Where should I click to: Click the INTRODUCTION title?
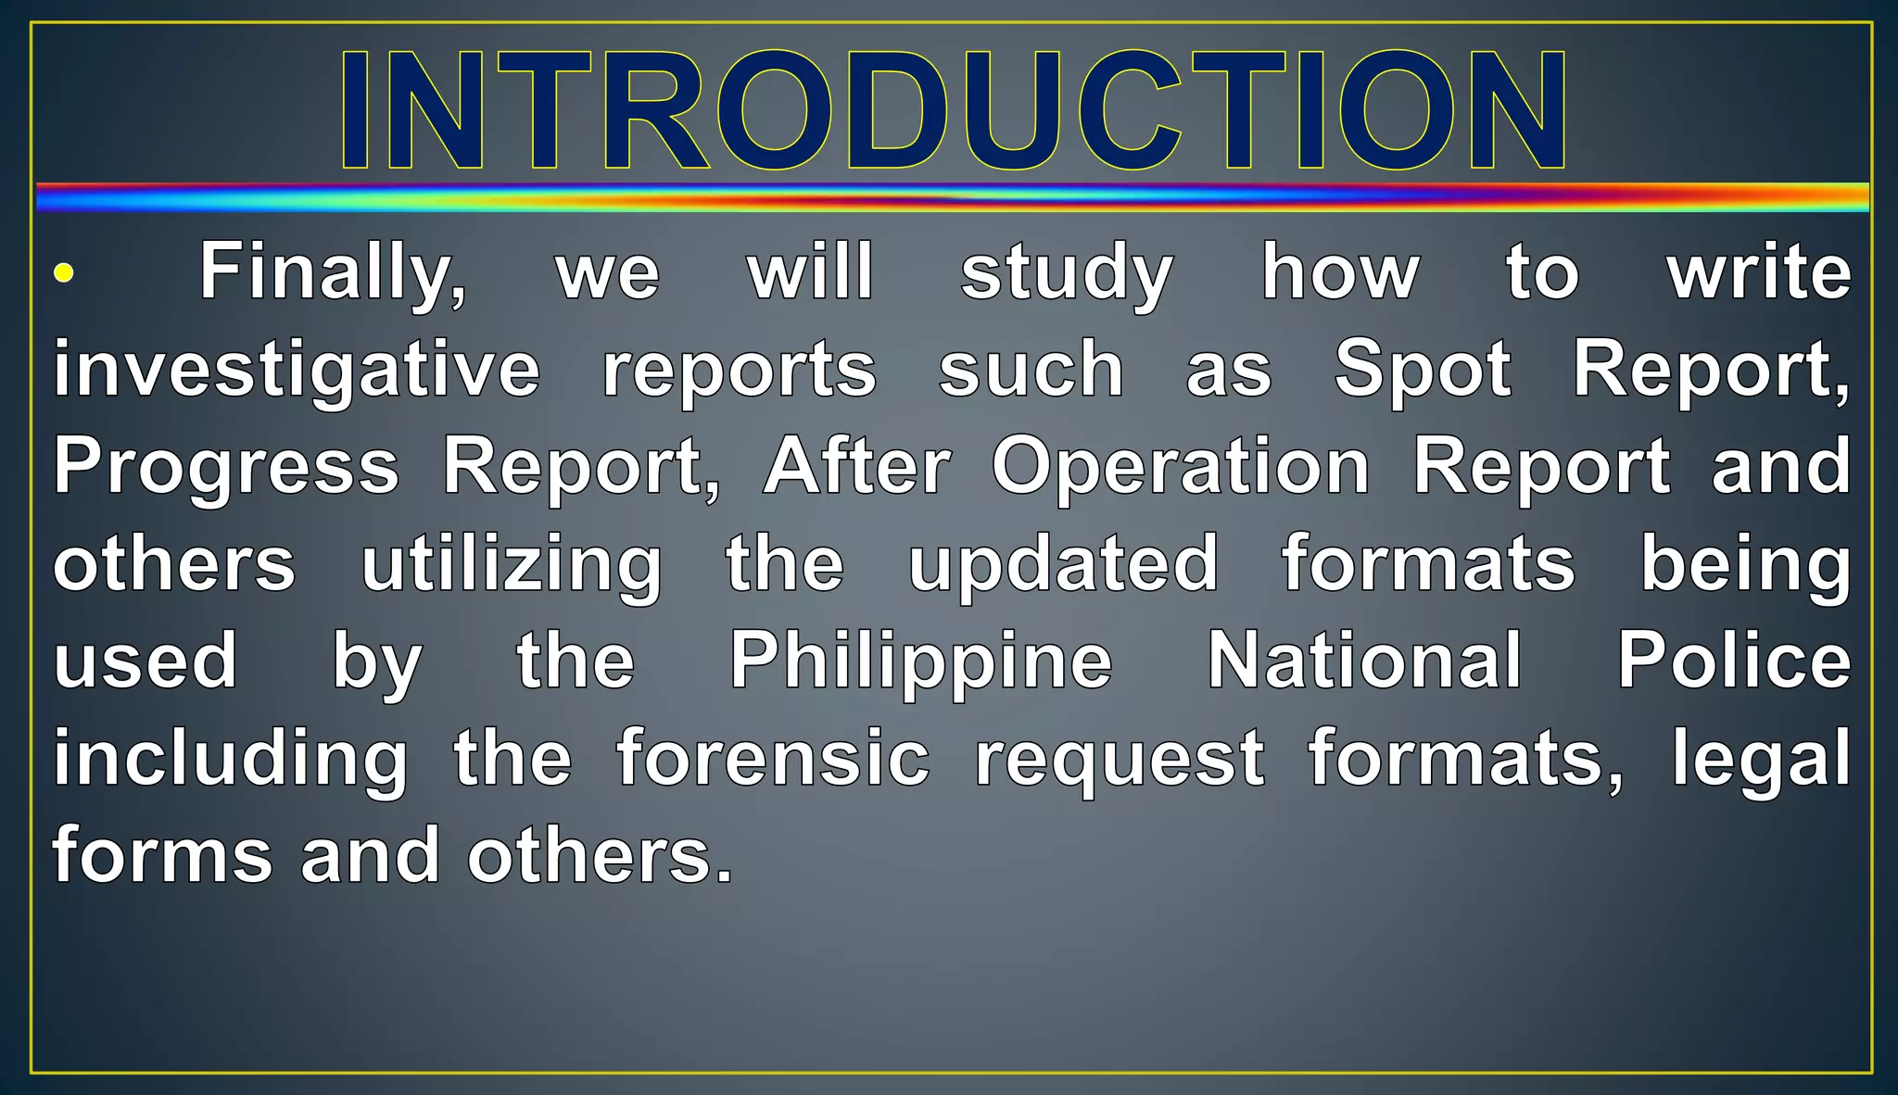click(x=953, y=109)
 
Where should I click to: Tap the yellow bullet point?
click(x=63, y=272)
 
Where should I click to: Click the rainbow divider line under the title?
click(x=953, y=197)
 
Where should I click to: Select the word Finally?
click(x=333, y=272)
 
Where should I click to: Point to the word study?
click(x=1067, y=272)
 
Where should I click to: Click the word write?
click(x=1759, y=272)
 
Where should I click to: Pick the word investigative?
click(x=297, y=370)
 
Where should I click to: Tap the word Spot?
click(x=1423, y=370)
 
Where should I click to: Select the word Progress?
click(x=226, y=467)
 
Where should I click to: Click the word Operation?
click(x=1181, y=467)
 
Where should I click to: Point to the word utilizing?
click(x=512, y=564)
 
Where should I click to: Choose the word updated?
click(x=1063, y=564)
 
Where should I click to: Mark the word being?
click(x=1746, y=564)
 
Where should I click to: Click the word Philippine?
click(x=921, y=661)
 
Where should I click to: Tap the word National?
click(x=1365, y=661)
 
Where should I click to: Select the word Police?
click(x=1734, y=661)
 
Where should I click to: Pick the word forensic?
click(x=773, y=759)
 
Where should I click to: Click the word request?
click(x=1120, y=759)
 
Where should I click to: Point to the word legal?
click(x=1761, y=759)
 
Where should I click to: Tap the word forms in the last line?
click(x=163, y=856)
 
